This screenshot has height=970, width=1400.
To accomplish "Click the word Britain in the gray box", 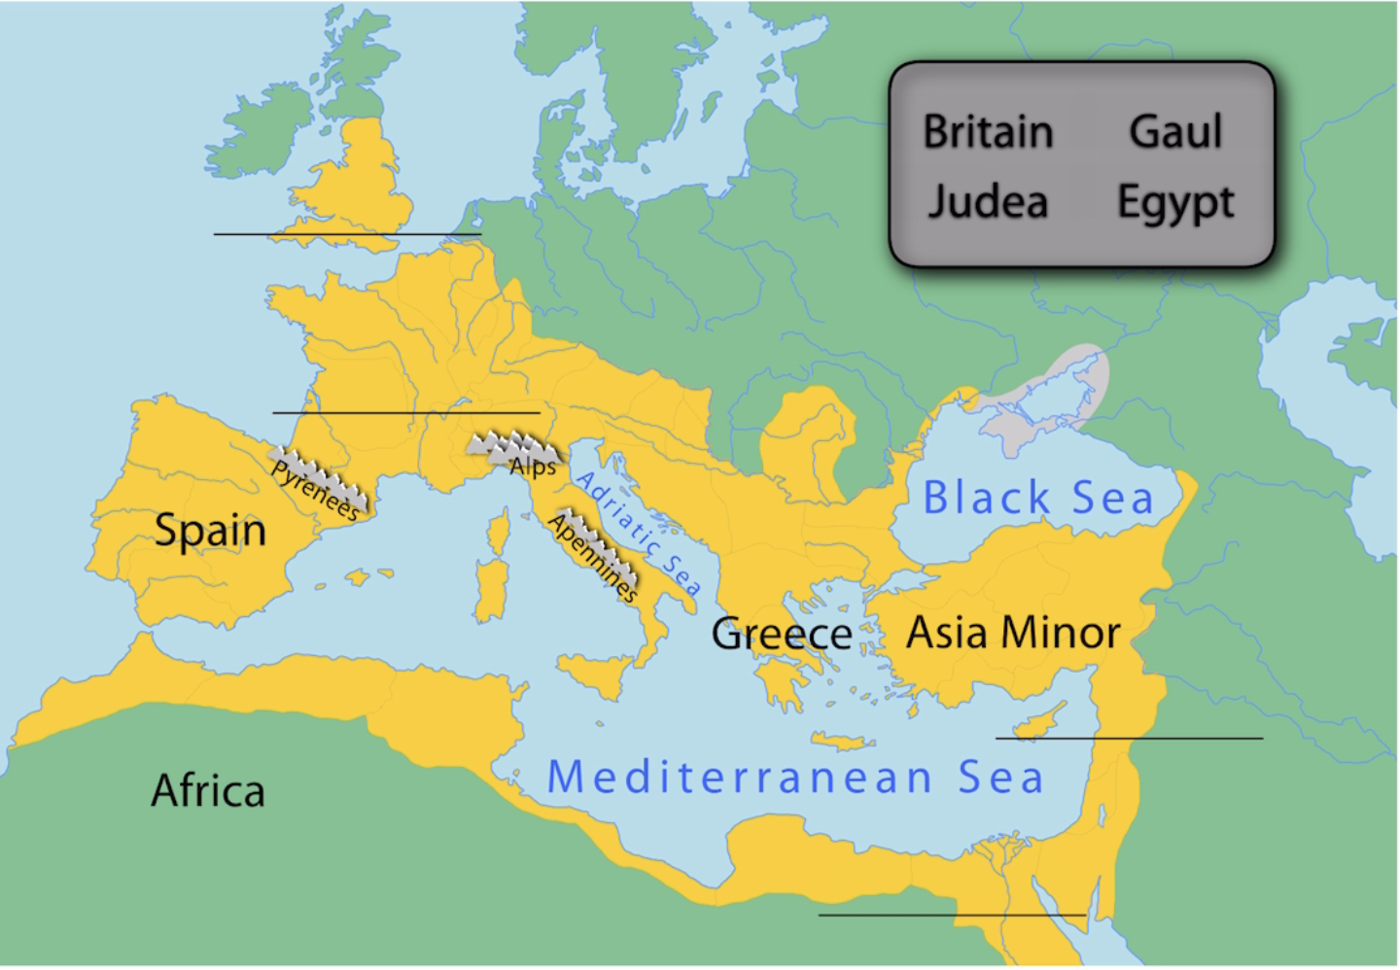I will pyautogui.click(x=988, y=131).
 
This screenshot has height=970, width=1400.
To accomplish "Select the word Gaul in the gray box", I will pyautogui.click(x=1174, y=131).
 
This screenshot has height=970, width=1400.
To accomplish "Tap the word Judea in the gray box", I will pyautogui.click(x=987, y=202).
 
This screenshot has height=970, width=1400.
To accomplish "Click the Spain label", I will pyautogui.click(x=210, y=531).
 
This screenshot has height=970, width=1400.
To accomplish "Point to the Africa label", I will pyautogui.click(x=208, y=791).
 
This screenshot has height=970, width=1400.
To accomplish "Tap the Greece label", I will pyautogui.click(x=782, y=634).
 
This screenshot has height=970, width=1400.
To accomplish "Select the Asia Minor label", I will pyautogui.click(x=1013, y=633).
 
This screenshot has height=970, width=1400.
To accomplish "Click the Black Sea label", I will pyautogui.click(x=1037, y=498).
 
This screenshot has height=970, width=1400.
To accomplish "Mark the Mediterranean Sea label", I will pyautogui.click(x=795, y=778).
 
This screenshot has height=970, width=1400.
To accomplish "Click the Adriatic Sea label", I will pyautogui.click(x=638, y=533).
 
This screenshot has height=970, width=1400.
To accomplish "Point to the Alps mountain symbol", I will pyautogui.click(x=513, y=450).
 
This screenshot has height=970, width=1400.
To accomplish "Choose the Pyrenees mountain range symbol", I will pyautogui.click(x=319, y=481).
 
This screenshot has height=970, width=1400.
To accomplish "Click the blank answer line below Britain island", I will pyautogui.click(x=347, y=234).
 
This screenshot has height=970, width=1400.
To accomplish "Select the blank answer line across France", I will pyautogui.click(x=405, y=413).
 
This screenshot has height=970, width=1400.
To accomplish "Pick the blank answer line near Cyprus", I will pyautogui.click(x=1129, y=739).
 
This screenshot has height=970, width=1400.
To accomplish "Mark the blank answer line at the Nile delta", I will pyautogui.click(x=952, y=915).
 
